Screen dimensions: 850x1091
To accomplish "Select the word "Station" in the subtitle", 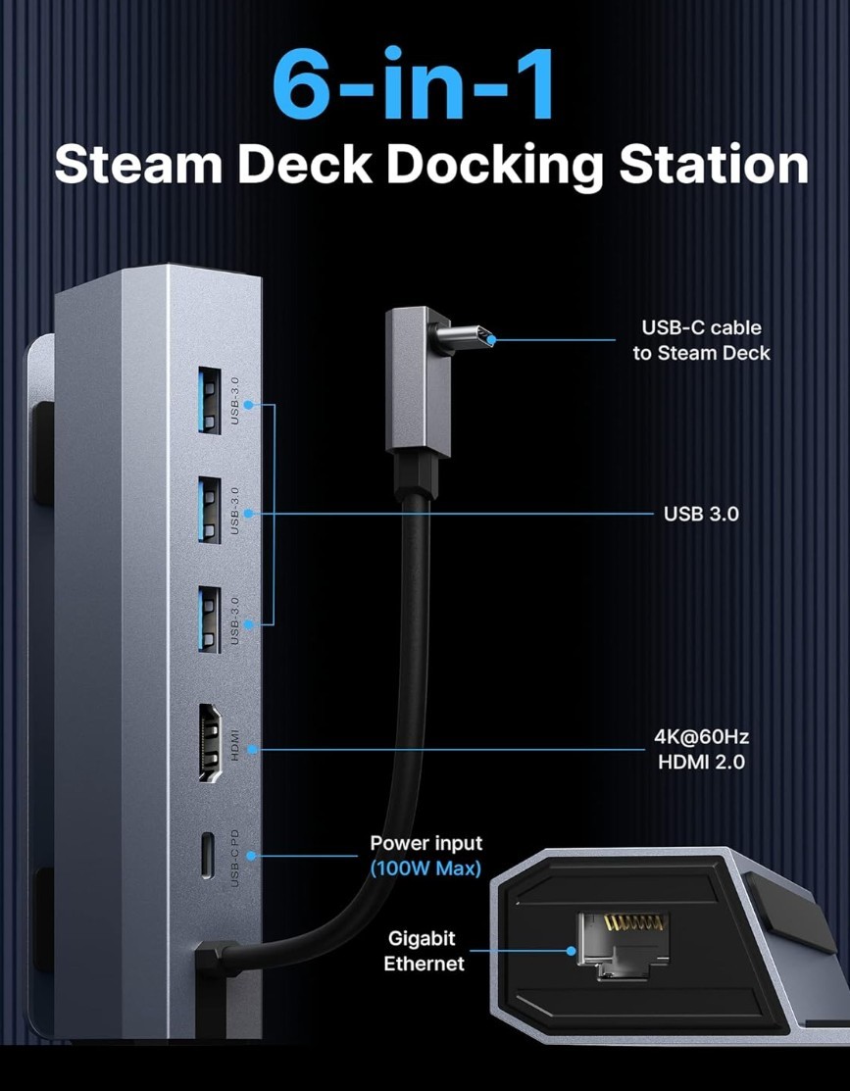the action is [714, 165].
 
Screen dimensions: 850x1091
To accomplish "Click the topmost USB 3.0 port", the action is [210, 401].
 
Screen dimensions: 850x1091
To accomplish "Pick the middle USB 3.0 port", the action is [210, 510].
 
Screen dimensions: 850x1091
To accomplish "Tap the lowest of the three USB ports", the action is [210, 620].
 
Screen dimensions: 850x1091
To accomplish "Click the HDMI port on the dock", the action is [210, 742].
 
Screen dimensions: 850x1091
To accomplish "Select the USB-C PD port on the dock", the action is [208, 854].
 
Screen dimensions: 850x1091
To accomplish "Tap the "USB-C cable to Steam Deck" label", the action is [702, 340].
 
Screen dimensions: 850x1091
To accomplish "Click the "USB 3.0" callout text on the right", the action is [701, 515].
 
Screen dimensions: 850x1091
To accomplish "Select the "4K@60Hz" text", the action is [702, 737].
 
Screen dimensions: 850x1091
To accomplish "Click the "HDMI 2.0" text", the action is [702, 762].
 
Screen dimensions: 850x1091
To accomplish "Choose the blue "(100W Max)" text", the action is [425, 868].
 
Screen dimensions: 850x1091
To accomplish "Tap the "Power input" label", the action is [426, 843].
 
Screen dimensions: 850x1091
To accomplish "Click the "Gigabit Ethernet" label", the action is [424, 951].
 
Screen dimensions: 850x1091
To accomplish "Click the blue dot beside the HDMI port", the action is [253, 749].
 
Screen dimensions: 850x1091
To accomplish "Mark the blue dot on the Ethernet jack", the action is [571, 951].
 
